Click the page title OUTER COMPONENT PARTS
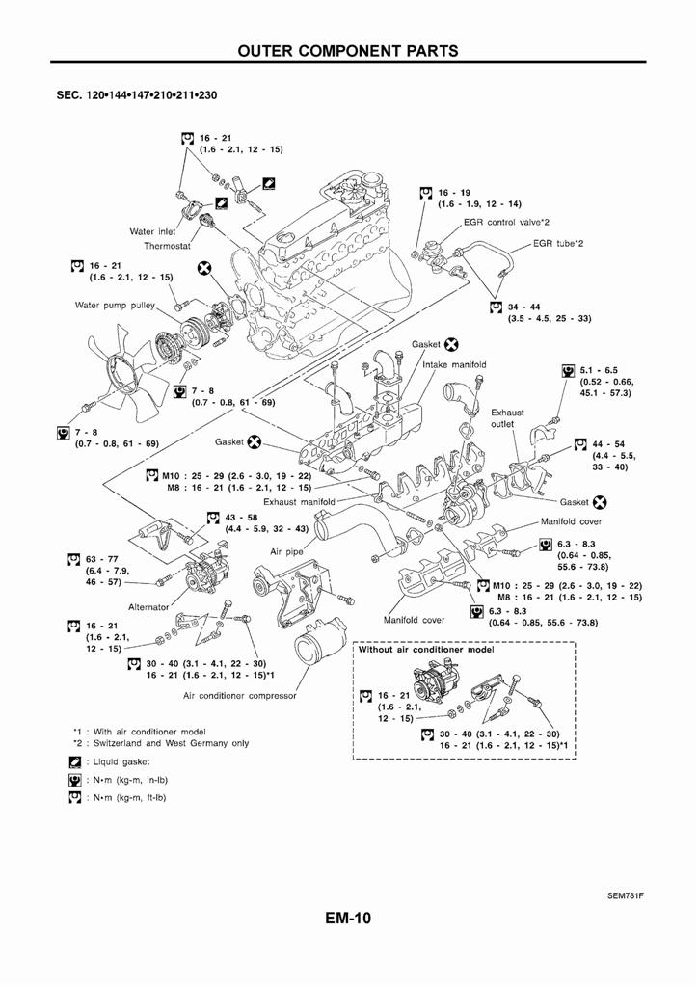348,50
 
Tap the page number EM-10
348,918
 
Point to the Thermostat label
168,246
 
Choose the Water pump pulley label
115,306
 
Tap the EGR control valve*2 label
506,222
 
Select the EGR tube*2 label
558,243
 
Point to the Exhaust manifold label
299,501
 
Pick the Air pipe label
288,552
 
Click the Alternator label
148,607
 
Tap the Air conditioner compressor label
240,695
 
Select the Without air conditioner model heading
425,650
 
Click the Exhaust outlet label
508,418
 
